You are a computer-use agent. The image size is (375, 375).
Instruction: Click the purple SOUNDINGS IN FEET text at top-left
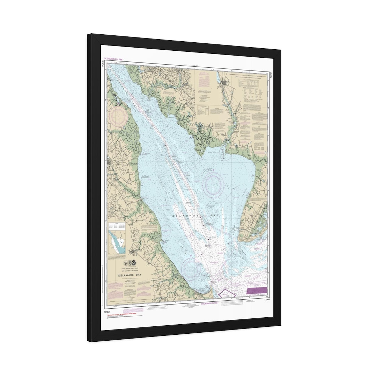pos(114,59)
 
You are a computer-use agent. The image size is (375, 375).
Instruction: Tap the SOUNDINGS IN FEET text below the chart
pos(210,303)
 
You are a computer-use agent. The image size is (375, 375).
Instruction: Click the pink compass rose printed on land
pos(118,116)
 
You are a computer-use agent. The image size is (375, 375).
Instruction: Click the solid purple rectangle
pos(257,291)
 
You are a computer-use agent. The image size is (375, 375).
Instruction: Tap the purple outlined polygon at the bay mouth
pos(227,293)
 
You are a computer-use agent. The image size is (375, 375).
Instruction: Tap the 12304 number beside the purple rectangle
pos(267,299)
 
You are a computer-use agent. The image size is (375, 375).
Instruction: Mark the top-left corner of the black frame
pos(88,35)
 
